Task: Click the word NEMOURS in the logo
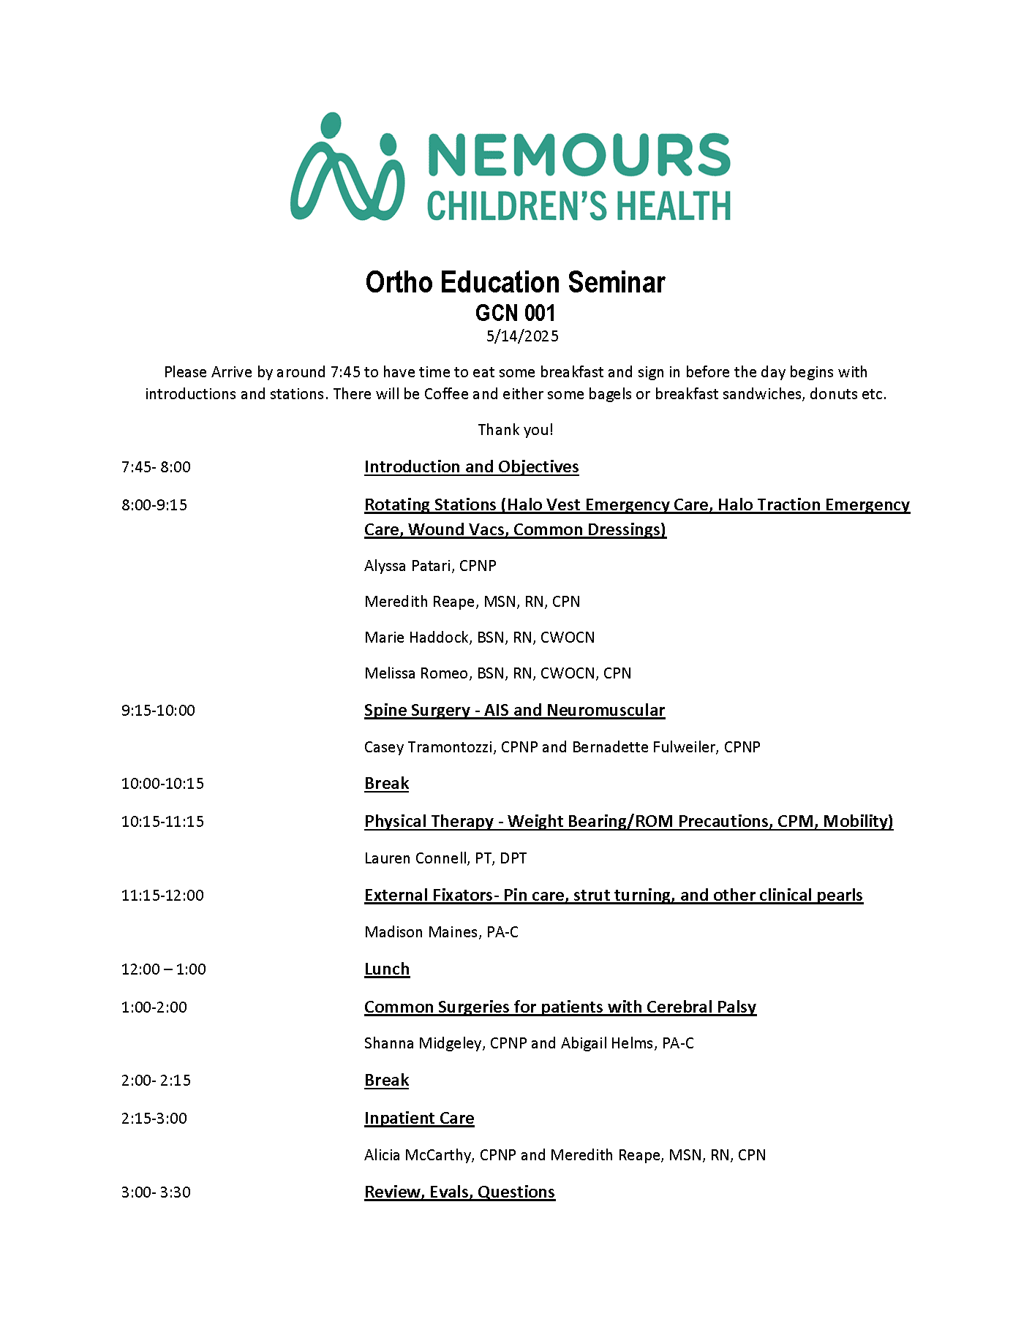point(579,154)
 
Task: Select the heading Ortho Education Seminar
point(515,282)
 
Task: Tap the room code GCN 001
point(515,313)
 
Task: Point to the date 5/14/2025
point(522,336)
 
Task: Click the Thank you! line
point(515,430)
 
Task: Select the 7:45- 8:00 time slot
point(156,467)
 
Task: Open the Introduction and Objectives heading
point(471,467)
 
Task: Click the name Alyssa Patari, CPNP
point(430,566)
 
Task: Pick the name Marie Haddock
point(417,638)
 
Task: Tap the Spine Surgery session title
point(514,711)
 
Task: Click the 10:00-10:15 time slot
point(162,784)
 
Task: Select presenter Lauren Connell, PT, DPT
point(445,858)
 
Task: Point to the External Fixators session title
point(613,896)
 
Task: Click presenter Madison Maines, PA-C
point(441,932)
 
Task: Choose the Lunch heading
point(387,969)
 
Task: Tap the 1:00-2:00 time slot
point(154,1007)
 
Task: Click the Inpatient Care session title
point(419,1119)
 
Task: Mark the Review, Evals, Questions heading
point(459,1192)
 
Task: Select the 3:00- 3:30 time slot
point(156,1192)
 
